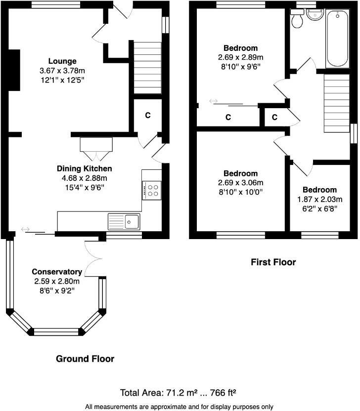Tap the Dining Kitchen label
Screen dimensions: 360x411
tap(84, 168)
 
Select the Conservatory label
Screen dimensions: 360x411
tap(57, 272)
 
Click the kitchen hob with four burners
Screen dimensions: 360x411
tap(152, 190)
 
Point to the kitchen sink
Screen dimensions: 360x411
tap(132, 221)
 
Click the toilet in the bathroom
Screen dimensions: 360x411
tap(297, 19)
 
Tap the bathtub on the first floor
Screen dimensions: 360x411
tap(338, 39)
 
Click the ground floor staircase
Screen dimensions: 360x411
tap(148, 68)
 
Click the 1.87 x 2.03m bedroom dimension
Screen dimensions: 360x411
tap(319, 199)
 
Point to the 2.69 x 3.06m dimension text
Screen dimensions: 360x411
tap(240, 182)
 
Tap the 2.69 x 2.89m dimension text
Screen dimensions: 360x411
tap(240, 57)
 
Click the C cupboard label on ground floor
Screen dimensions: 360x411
tap(147, 116)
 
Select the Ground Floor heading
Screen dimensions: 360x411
tap(85, 359)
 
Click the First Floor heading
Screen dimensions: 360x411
tap(273, 262)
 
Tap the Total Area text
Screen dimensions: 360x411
tap(178, 393)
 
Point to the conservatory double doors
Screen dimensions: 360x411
tap(94, 258)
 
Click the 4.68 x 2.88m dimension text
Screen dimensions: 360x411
tap(84, 178)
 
